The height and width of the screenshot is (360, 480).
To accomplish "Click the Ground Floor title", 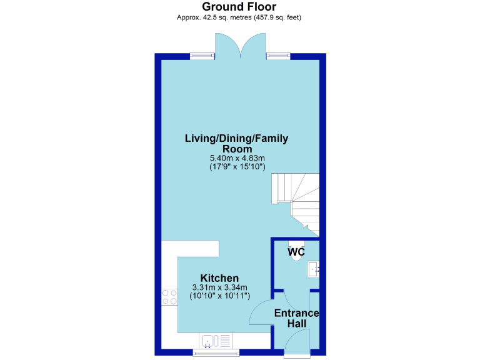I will click(240, 7).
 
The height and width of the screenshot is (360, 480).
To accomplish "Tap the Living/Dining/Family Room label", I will click(236, 144).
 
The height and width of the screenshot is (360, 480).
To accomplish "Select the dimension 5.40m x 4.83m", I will click(237, 158).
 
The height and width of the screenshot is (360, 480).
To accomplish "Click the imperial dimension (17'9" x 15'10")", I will click(237, 167).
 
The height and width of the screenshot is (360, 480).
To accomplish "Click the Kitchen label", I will click(219, 278).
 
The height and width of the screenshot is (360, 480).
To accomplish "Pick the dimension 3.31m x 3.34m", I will click(219, 287).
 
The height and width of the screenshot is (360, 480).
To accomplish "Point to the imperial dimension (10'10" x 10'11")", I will click(219, 296).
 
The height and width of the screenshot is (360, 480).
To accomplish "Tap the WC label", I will click(296, 252).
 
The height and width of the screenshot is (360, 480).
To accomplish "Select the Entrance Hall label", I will click(297, 318).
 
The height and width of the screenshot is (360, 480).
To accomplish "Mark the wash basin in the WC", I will click(313, 269).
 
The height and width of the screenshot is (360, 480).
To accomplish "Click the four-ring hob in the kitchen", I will click(169, 296).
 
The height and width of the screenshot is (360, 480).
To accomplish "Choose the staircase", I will click(296, 202).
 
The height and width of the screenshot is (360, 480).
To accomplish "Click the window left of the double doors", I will click(202, 56).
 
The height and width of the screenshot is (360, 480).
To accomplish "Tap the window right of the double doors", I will click(278, 56).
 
